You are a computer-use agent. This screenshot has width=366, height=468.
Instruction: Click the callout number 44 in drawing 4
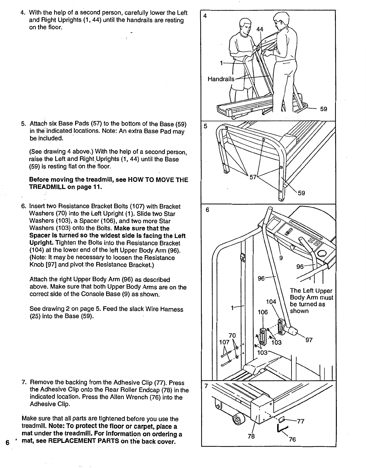tap(260, 29)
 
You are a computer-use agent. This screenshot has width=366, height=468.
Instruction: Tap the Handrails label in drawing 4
tap(221, 79)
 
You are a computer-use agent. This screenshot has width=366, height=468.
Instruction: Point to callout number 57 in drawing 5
tap(253, 178)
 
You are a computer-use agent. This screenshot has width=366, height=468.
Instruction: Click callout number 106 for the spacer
tap(263, 312)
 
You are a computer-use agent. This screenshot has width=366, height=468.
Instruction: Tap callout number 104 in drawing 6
tap(271, 302)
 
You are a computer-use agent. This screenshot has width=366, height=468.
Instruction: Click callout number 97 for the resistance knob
tap(309, 340)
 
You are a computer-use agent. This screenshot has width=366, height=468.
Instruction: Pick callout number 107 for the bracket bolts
tap(224, 342)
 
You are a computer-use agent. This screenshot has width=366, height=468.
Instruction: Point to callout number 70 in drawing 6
tap(232, 335)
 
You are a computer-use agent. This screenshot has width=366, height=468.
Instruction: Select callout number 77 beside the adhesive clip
tap(300, 421)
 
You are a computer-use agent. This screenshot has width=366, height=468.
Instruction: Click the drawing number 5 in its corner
tap(205, 127)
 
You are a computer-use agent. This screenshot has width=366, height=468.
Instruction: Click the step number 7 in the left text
tap(23, 382)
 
